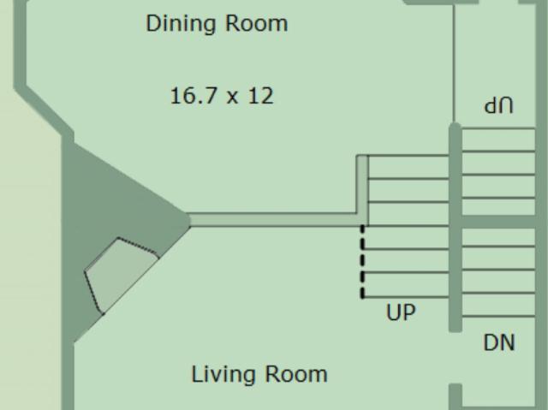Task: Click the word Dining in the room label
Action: tap(182, 24)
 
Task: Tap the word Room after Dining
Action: tap(257, 24)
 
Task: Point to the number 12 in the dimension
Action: tap(260, 96)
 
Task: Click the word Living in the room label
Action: tap(224, 374)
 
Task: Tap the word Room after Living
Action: tap(296, 374)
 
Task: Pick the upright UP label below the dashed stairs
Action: tap(401, 312)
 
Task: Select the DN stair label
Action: tap(499, 342)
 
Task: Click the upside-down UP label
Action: tap(498, 106)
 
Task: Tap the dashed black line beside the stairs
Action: tap(362, 262)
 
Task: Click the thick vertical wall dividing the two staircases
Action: tap(456, 227)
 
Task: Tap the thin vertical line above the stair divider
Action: tap(454, 62)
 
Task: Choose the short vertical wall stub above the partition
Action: tap(362, 184)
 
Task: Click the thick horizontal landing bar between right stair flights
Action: tap(498, 222)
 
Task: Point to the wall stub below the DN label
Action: tap(456, 396)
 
